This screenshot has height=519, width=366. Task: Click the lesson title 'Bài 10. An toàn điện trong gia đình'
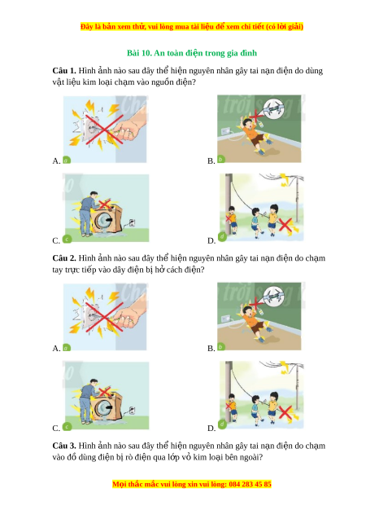[192, 53]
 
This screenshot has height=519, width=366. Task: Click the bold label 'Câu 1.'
[64, 71]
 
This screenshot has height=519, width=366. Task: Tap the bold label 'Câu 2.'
[64, 257]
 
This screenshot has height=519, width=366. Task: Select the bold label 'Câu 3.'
[64, 446]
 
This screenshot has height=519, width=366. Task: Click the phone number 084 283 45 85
[250, 484]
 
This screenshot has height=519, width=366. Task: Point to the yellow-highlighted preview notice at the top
[192, 26]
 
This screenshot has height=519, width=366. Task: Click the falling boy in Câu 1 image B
[254, 134]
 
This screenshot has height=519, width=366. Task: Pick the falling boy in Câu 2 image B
[254, 322]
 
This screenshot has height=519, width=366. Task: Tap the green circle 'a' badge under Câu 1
[67, 161]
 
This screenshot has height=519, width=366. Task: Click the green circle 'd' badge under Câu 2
[222, 424]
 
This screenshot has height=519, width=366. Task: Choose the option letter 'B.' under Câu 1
[211, 161]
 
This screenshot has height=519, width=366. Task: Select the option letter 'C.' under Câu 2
[56, 428]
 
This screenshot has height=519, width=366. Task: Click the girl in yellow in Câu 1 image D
[272, 219]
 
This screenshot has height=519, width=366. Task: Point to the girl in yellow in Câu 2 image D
[272, 407]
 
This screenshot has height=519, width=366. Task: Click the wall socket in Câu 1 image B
[225, 131]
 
